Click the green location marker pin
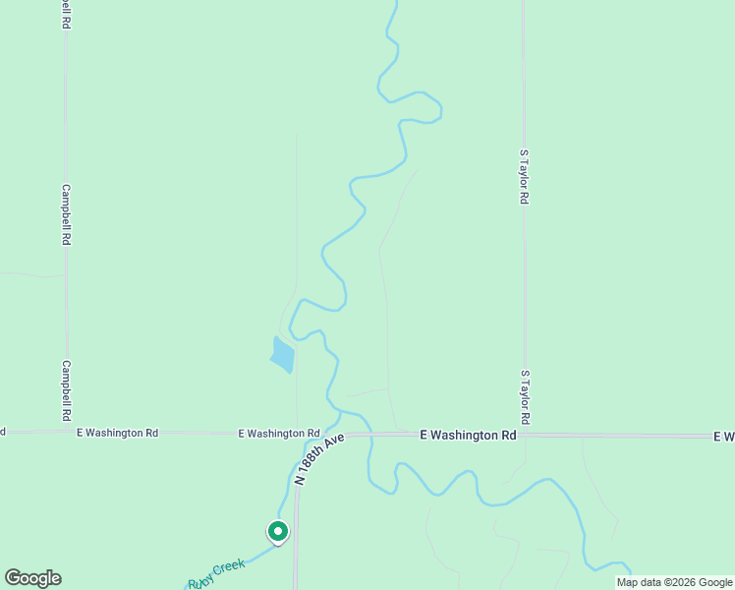[278, 532]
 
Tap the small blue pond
[282, 355]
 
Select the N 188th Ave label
[321, 458]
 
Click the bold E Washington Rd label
[468, 435]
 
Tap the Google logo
[32, 578]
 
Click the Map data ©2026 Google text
[675, 582]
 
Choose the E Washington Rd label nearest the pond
[280, 433]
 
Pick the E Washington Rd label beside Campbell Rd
[117, 433]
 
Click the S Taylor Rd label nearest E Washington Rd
[526, 397]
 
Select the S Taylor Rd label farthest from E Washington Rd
[525, 177]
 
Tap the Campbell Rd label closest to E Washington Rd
[67, 388]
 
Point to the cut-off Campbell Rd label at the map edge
[66, 14]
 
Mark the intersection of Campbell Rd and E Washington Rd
[67, 432]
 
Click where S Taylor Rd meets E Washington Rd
[525, 434]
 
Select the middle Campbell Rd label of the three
[67, 214]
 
